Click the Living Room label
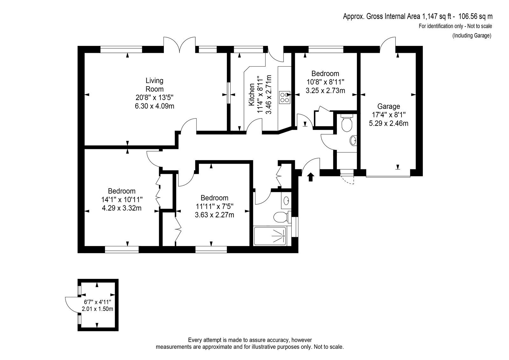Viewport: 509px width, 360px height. (x=155, y=85)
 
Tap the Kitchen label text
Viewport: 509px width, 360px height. (x=252, y=95)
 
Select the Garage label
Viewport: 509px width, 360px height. (x=388, y=106)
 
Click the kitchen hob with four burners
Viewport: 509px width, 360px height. (x=285, y=98)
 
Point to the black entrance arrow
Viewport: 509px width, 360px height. (x=310, y=177)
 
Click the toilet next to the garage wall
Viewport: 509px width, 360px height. (x=347, y=123)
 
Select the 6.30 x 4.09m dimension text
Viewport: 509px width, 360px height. (x=155, y=106)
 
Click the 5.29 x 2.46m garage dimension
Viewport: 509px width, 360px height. (x=388, y=123)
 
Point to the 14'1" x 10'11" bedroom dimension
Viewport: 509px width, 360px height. (x=122, y=200)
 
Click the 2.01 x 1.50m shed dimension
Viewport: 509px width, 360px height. (x=97, y=309)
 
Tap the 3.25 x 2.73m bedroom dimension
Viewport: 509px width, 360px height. (x=325, y=90)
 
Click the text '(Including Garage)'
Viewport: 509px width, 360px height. (x=472, y=35)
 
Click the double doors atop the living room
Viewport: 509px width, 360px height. (x=179, y=44)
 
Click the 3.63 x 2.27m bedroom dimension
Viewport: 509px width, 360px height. (x=214, y=215)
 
